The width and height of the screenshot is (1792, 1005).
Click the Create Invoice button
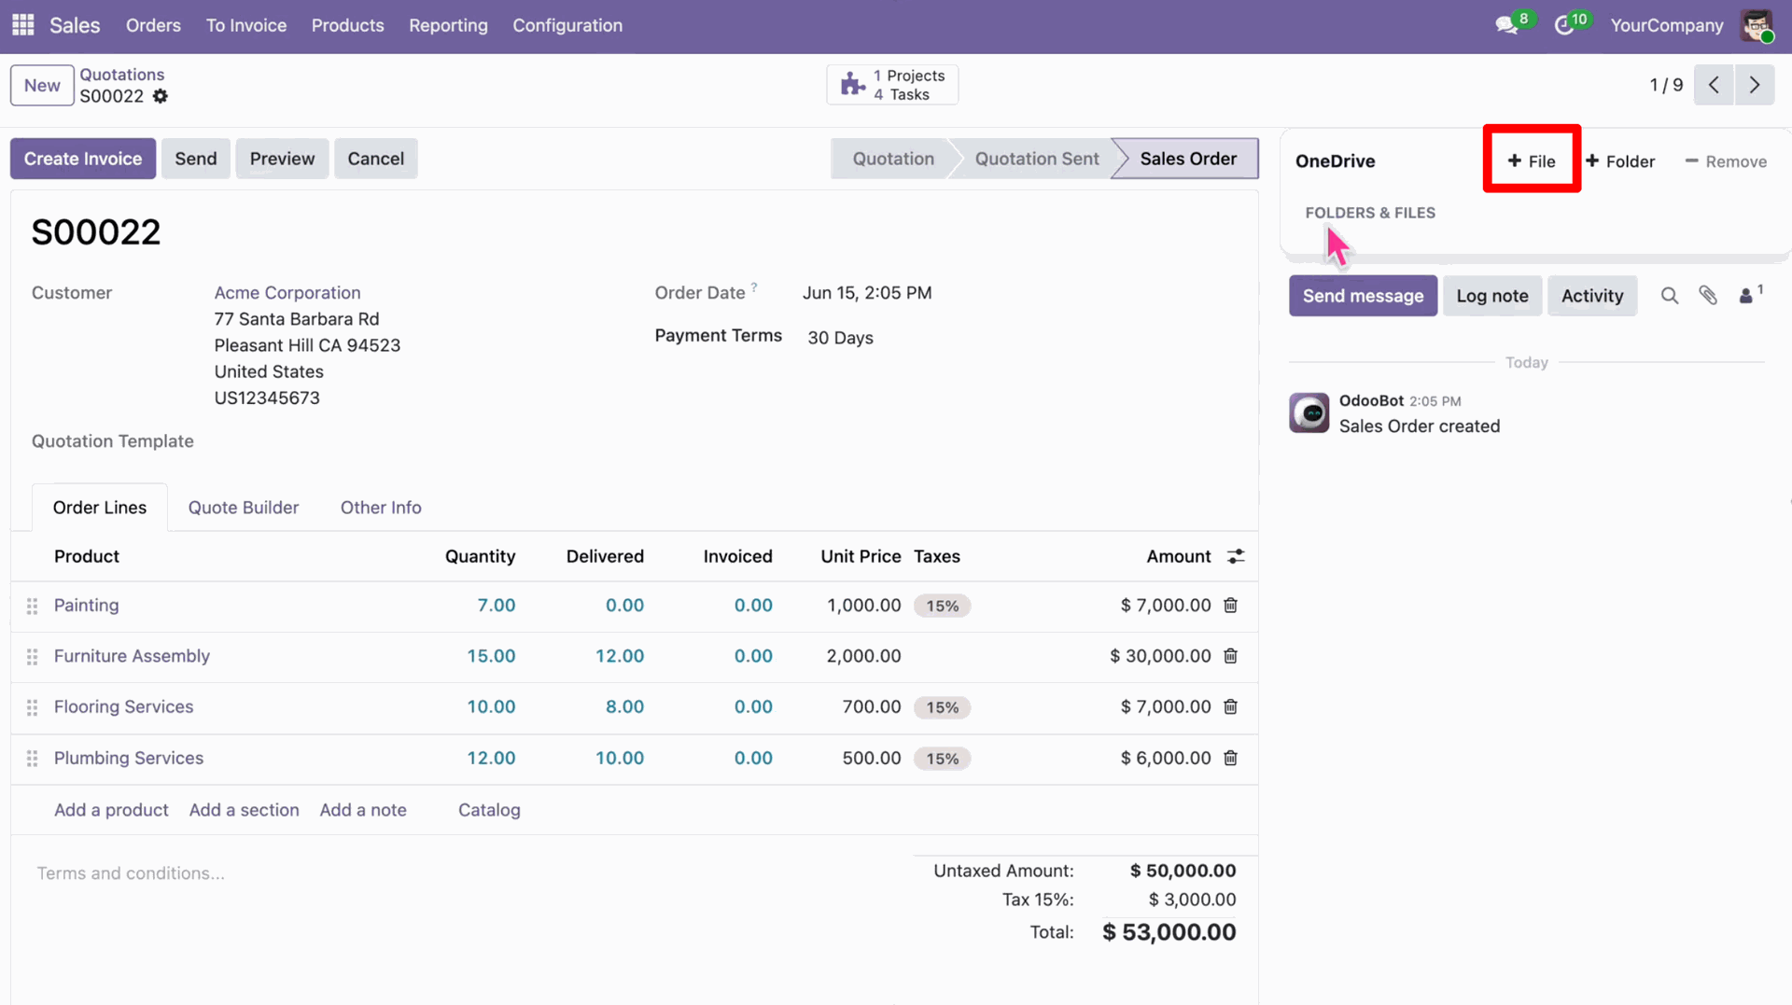point(83,159)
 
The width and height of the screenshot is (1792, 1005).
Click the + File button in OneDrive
point(1532,161)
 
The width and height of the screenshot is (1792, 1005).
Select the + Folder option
point(1620,161)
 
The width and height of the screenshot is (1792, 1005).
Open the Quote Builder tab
point(244,508)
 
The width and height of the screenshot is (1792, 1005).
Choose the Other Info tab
point(381,508)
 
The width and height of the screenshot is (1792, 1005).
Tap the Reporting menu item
point(448,25)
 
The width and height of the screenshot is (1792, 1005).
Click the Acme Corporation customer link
point(287,293)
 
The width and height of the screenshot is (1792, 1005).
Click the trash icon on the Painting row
point(1230,606)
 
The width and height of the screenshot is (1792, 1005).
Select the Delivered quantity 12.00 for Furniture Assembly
point(620,656)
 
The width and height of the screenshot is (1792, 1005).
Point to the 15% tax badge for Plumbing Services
point(943,759)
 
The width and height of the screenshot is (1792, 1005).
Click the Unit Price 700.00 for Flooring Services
point(872,707)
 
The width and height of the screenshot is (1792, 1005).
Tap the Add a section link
point(245,810)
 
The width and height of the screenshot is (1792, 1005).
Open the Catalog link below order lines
point(489,810)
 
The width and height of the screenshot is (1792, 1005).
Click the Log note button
point(1492,296)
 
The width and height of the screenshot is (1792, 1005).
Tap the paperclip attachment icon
point(1708,296)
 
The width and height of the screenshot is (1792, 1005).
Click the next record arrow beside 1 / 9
point(1755,85)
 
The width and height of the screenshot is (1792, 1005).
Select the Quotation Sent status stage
point(1037,159)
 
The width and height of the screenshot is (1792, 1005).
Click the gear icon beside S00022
point(161,96)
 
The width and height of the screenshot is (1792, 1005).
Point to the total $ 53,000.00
point(1169,932)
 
